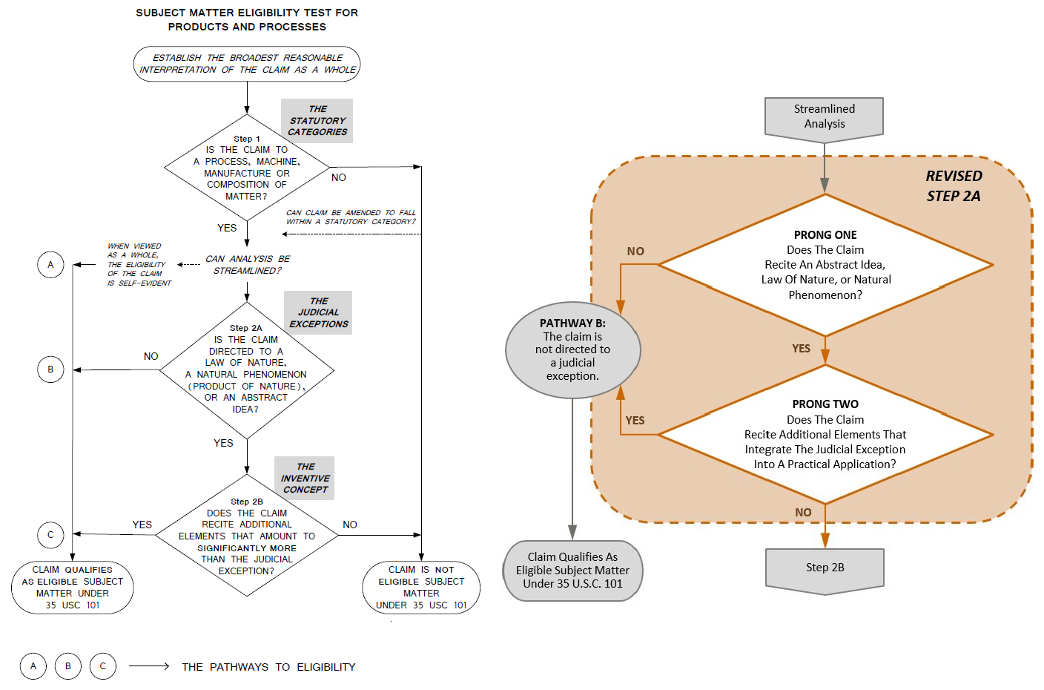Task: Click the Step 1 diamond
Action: click(247, 168)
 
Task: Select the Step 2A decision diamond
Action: click(247, 369)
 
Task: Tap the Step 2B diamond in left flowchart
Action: click(247, 536)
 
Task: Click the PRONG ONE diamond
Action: click(825, 265)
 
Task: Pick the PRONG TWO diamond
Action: click(825, 434)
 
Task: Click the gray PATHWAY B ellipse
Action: click(572, 349)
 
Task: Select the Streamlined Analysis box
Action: click(824, 116)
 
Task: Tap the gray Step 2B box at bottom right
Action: click(825, 568)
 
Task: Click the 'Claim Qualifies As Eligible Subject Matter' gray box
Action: click(572, 570)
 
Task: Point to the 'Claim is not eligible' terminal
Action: click(421, 587)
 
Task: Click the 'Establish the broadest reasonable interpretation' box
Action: click(247, 64)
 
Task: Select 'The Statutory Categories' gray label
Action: click(317, 120)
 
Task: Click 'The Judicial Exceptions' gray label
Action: click(318, 312)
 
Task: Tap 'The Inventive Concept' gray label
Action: click(305, 478)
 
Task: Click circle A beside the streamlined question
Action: click(50, 265)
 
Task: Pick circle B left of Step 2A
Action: click(50, 369)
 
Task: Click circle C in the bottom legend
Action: click(103, 666)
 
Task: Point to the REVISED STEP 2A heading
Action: click(954, 185)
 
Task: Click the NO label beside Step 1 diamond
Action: click(339, 177)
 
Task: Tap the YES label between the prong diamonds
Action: click(801, 349)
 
